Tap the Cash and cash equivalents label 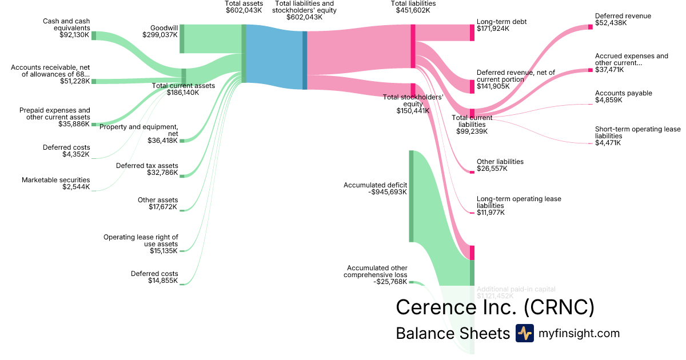(x=66, y=25)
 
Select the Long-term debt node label (x=501, y=22)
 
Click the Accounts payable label (x=623, y=93)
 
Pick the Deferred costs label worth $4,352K (x=66, y=147)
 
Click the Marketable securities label (x=55, y=180)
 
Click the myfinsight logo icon (x=524, y=333)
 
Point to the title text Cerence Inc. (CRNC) (x=495, y=307)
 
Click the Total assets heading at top (x=244, y=3)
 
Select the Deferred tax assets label (x=147, y=166)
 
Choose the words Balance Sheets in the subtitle (x=452, y=334)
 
